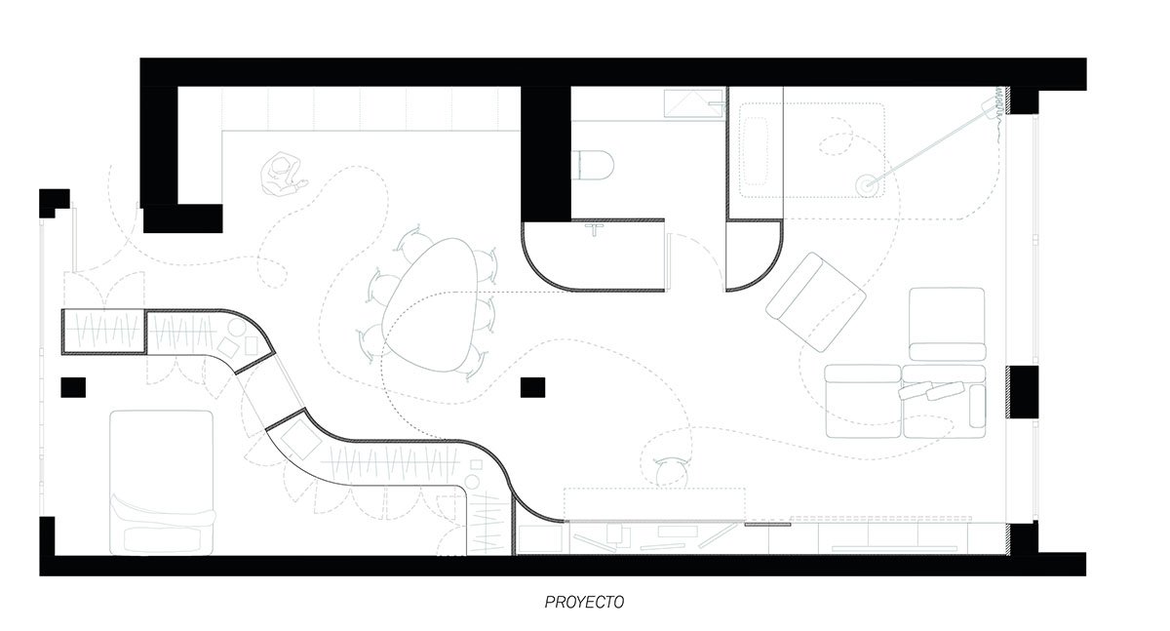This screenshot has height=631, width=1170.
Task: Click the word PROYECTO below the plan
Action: [x=584, y=603]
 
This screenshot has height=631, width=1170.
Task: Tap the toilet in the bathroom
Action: [x=593, y=165]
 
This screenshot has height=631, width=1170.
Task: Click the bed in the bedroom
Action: [x=162, y=483]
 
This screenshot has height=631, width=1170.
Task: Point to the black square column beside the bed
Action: [x=73, y=387]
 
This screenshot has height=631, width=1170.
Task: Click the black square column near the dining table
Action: [x=532, y=387]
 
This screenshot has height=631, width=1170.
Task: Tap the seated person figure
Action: [x=283, y=174]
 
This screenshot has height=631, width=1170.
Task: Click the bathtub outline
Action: [x=756, y=151]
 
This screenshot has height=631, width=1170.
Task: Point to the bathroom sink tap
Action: [x=595, y=230]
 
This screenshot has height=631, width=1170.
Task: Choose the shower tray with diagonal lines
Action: [x=693, y=103]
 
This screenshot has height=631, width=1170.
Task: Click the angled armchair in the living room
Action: [x=816, y=302]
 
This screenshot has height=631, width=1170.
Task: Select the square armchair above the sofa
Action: [x=947, y=324]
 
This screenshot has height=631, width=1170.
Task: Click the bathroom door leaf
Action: [x=669, y=261]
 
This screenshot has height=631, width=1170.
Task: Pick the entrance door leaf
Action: [x=75, y=239]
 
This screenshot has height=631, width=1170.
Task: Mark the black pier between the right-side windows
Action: [x=1022, y=392]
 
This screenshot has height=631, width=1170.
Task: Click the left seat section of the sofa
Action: [x=863, y=401]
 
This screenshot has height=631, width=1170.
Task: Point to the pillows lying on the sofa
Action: [x=931, y=391]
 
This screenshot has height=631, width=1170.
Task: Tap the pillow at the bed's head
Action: [x=162, y=539]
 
